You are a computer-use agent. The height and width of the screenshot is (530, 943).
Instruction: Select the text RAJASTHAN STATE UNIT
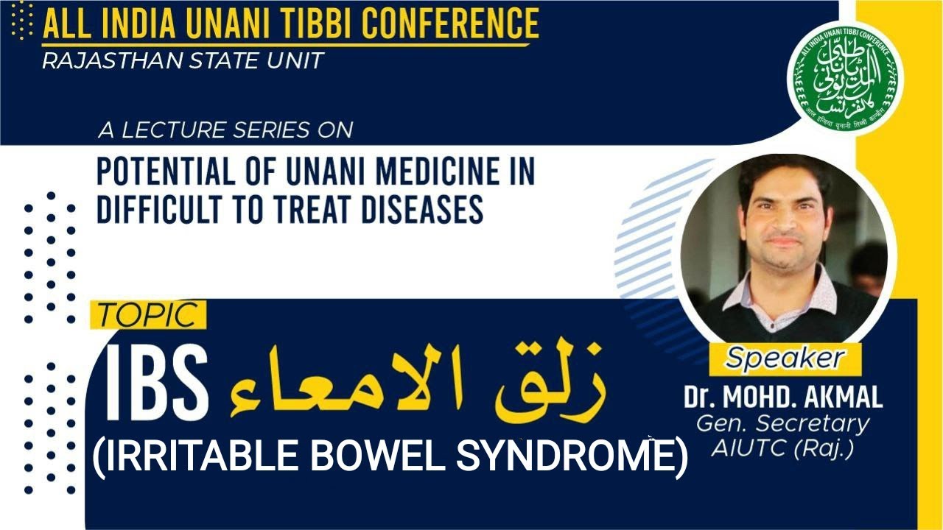183,60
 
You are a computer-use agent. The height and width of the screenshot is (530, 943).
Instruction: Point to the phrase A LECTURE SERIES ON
225,131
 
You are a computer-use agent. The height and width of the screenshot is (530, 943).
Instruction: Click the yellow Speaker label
785,358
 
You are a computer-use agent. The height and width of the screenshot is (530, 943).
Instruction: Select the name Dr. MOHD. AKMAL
783,397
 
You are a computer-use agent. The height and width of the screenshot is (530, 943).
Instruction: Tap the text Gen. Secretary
783,424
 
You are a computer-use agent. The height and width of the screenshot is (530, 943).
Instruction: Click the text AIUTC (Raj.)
783,448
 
